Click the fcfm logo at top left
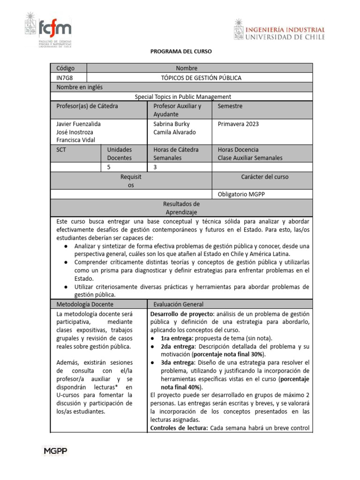48,30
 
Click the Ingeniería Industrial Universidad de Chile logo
279,30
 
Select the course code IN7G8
65,78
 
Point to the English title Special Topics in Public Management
183,97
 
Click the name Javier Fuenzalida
78,124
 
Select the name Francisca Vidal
75,140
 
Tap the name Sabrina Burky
171,124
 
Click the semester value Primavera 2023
238,124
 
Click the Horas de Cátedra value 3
155,166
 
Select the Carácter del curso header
265,177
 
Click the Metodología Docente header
82,304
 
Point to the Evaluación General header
177,304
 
